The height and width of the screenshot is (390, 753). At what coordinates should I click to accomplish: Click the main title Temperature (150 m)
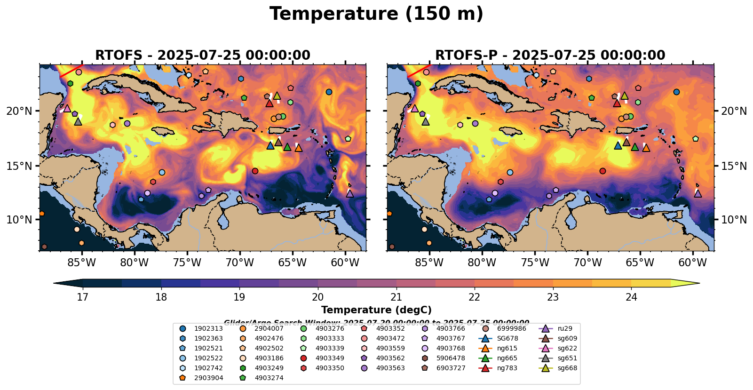pyautogui.click(x=376, y=14)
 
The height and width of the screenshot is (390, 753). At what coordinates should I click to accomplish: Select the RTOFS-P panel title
pyautogui.click(x=550, y=55)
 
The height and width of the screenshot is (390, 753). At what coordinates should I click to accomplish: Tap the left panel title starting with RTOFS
pyautogui.click(x=203, y=55)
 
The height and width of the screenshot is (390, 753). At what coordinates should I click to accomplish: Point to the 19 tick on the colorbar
pyautogui.click(x=239, y=297)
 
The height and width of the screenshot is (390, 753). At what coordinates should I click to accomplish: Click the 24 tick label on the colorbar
pyautogui.click(x=631, y=297)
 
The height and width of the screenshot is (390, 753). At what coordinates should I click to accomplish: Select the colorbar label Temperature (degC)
pyautogui.click(x=376, y=310)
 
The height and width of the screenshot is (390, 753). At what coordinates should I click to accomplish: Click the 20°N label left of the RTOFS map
pyautogui.click(x=19, y=111)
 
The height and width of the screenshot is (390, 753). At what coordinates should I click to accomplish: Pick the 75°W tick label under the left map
pyautogui.click(x=187, y=262)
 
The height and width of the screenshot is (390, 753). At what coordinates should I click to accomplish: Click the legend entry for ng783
pyautogui.click(x=507, y=368)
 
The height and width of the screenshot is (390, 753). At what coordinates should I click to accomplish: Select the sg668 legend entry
pyautogui.click(x=567, y=368)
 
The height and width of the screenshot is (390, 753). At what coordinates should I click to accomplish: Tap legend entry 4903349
pyautogui.click(x=330, y=358)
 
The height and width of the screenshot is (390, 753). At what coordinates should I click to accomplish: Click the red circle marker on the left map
pyautogui.click(x=255, y=171)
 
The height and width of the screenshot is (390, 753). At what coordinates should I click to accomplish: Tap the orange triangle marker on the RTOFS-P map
pyautogui.click(x=646, y=148)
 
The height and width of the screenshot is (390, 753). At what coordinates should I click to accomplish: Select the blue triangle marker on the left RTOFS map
pyautogui.click(x=270, y=145)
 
